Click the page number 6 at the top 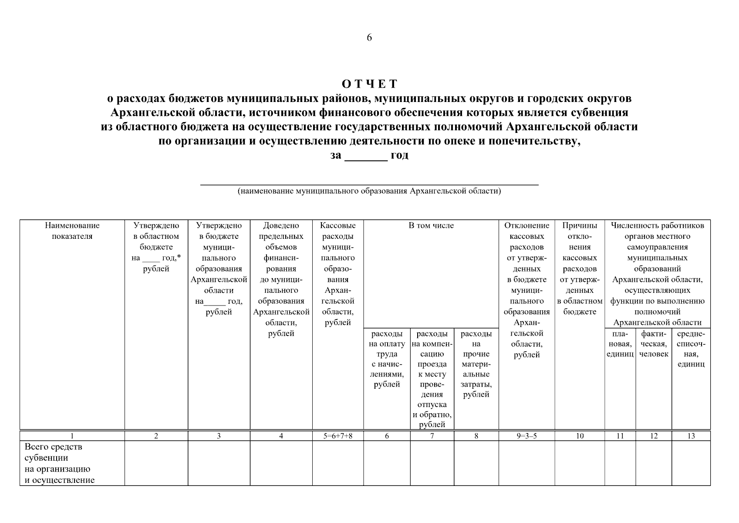[x=369, y=38]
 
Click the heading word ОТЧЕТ [x=369, y=84]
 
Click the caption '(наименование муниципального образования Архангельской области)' [x=369, y=191]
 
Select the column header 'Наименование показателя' [x=72, y=231]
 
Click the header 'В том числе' [x=431, y=226]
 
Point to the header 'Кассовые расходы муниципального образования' [x=338, y=274]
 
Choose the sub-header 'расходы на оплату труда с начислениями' [x=387, y=359]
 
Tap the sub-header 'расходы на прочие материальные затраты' [x=476, y=364]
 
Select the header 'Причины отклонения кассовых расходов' [x=580, y=268]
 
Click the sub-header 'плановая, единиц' [x=620, y=344]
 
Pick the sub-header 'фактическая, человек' [x=654, y=344]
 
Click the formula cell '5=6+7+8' [x=338, y=436]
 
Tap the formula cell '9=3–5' [x=526, y=436]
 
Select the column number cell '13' [x=691, y=436]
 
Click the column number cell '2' [x=156, y=436]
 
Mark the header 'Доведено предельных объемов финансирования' [x=281, y=279]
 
